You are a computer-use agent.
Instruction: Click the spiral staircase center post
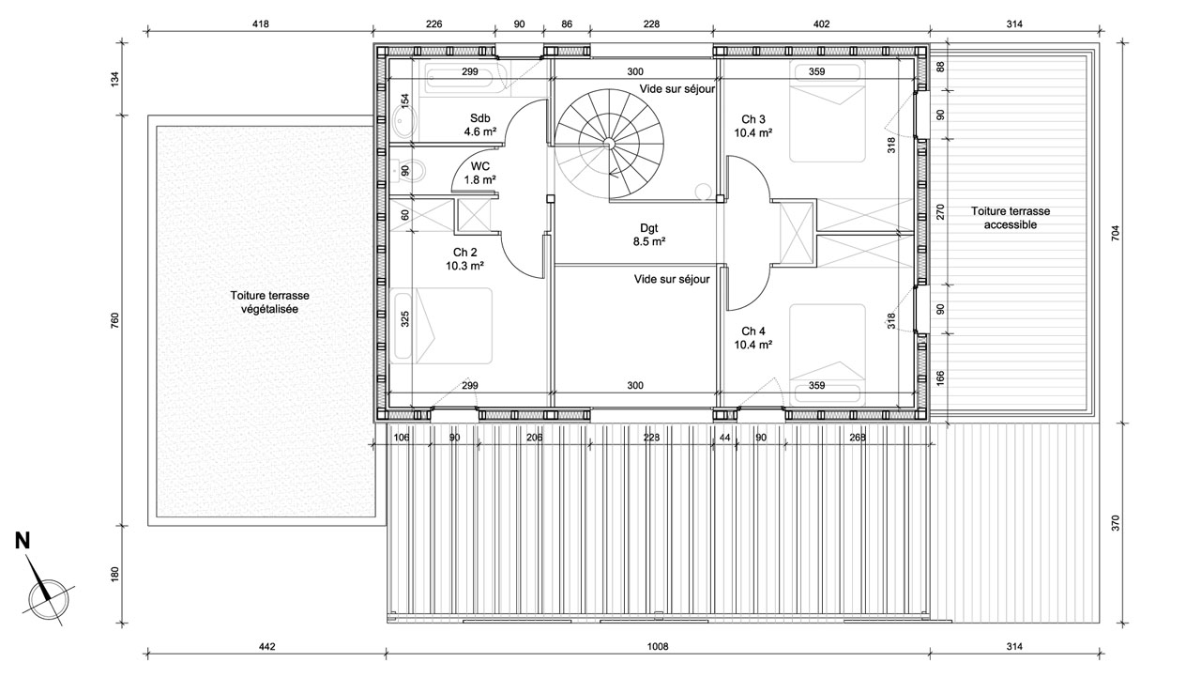[609, 142]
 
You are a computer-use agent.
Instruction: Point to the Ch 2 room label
[464, 258]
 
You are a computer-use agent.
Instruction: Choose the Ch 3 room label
[753, 126]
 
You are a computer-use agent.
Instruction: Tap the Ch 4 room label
[753, 338]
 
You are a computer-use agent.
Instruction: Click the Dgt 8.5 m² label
[649, 235]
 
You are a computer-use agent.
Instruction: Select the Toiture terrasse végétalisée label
[269, 302]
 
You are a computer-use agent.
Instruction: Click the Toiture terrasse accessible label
[1011, 218]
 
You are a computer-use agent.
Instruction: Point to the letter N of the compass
[23, 541]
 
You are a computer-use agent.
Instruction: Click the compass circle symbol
[49, 600]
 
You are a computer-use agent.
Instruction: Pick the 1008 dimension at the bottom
[658, 646]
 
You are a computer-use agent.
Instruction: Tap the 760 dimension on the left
[114, 321]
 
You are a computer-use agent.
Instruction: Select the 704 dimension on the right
[1116, 233]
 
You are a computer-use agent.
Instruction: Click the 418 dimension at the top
[260, 24]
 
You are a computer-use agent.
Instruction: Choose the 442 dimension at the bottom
[267, 646]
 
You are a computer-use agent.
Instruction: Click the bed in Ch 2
[441, 326]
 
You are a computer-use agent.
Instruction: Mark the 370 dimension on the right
[1116, 523]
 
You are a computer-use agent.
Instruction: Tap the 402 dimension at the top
[821, 24]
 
